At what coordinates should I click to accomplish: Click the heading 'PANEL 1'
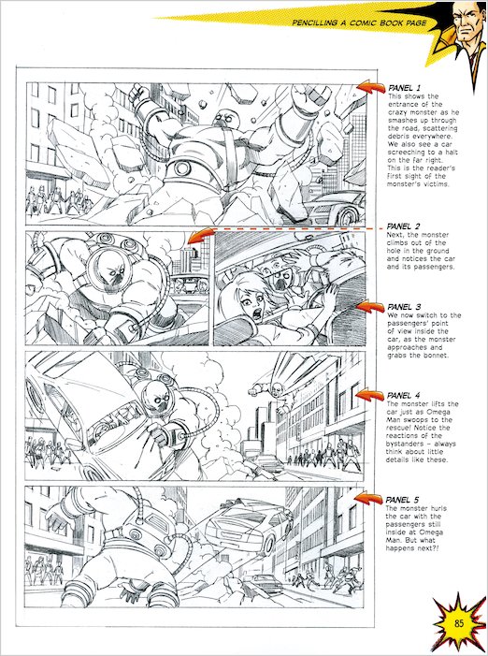(404, 88)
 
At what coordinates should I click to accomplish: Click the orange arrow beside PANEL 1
(367, 91)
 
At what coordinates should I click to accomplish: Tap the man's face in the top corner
(459, 22)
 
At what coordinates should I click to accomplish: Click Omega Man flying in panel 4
(280, 386)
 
